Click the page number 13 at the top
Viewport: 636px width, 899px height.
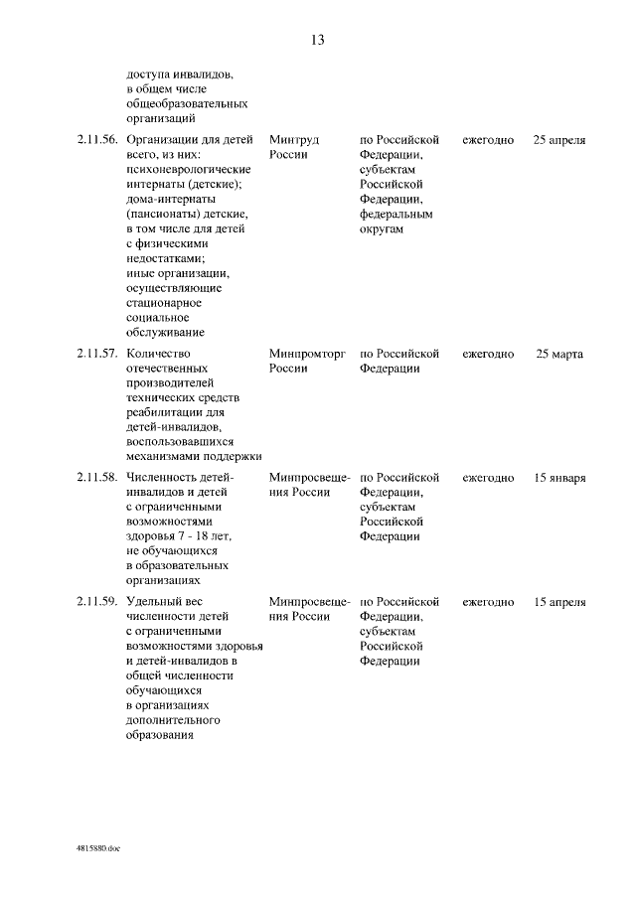(318, 41)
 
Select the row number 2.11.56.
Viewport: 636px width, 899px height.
(96, 140)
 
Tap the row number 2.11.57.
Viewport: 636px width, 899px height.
(96, 354)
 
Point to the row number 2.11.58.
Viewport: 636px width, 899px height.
(96, 478)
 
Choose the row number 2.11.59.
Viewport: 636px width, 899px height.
(96, 602)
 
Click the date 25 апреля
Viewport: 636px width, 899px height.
(558, 140)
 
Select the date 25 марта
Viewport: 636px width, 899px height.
(558, 354)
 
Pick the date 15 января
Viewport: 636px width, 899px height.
(558, 478)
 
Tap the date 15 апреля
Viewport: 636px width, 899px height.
(558, 602)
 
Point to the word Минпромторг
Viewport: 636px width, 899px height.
(306, 354)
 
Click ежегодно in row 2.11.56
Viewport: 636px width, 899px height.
(488, 140)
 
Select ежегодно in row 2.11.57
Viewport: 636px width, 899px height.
(488, 354)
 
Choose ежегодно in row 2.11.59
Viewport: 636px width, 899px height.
(488, 602)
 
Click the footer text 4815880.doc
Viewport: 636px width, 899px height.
(97, 850)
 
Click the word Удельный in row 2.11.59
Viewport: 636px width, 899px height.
(155, 602)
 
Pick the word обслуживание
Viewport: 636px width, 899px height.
(166, 333)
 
